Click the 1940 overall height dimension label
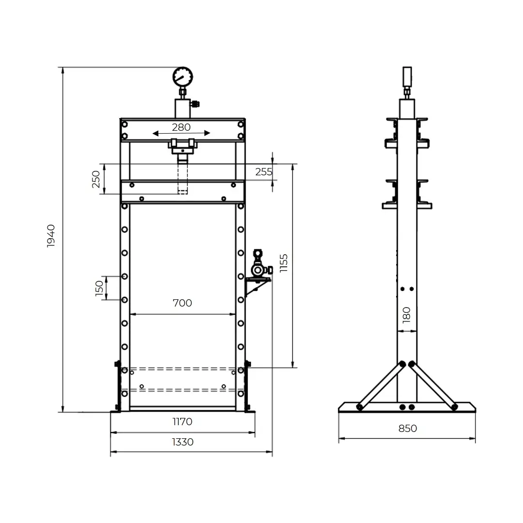[51, 236]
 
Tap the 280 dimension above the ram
[181, 127]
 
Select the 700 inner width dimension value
[183, 303]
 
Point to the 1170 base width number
[183, 422]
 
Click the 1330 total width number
[183, 442]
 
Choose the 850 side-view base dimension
[408, 428]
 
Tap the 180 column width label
[406, 315]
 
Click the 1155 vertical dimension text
[283, 263]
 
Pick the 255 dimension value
[263, 172]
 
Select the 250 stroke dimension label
[96, 179]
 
